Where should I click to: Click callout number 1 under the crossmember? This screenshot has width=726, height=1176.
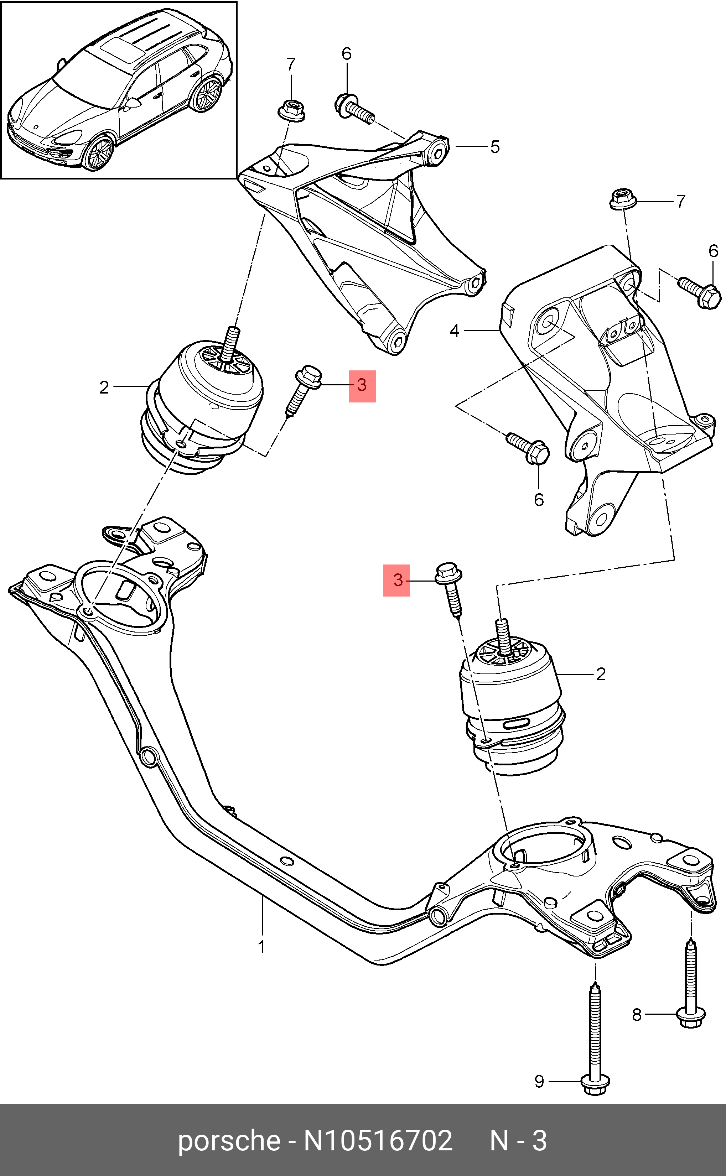click(262, 947)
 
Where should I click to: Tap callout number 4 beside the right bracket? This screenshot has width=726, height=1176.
click(454, 331)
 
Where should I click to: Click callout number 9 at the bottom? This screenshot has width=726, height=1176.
click(539, 1081)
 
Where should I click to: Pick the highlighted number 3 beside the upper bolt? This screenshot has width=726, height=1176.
click(362, 385)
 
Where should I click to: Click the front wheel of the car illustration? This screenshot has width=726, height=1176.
click(98, 153)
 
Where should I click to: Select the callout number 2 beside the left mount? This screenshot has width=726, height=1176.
click(104, 387)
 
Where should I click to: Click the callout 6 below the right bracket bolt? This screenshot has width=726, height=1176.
click(539, 500)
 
